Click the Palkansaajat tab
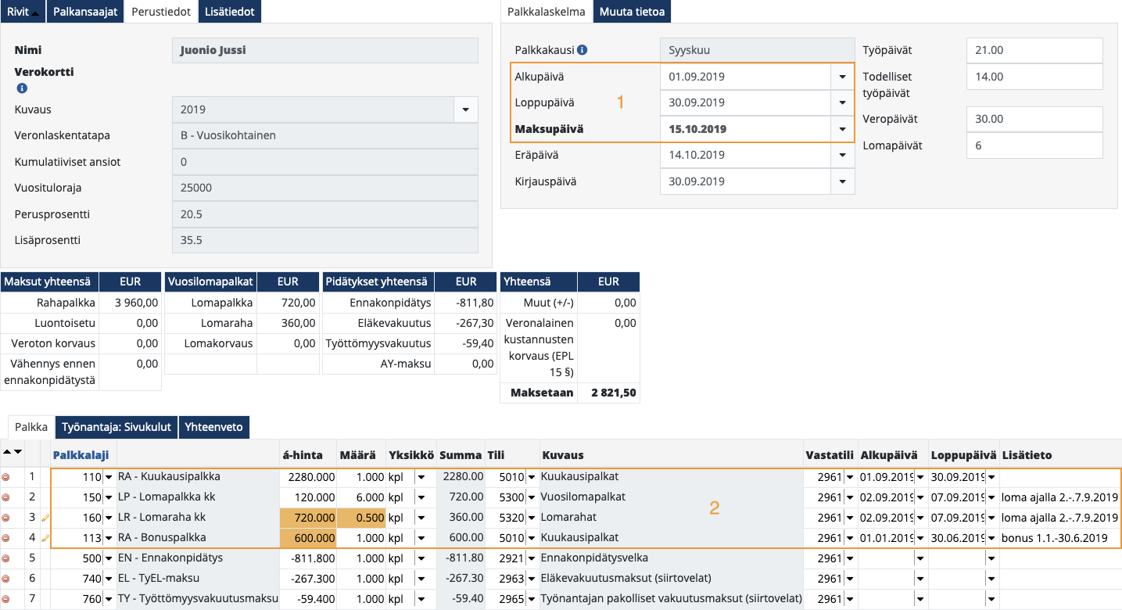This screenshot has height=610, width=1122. tap(85, 12)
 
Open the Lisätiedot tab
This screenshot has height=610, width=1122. tap(230, 12)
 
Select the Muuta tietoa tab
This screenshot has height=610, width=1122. tap(632, 12)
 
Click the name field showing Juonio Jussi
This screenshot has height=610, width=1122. tap(324, 51)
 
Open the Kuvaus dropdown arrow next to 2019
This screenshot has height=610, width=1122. tap(465, 109)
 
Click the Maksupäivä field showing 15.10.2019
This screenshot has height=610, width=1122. tap(747, 129)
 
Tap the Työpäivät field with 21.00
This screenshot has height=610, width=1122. tap(1034, 50)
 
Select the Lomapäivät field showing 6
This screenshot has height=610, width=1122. tap(1034, 145)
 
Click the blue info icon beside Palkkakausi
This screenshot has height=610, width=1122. tap(582, 50)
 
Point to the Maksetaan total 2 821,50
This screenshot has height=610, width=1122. tap(608, 393)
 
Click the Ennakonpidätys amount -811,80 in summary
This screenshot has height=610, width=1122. tap(466, 303)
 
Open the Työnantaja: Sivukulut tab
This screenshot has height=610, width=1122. tap(117, 427)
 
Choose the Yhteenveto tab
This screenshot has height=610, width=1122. tap(214, 427)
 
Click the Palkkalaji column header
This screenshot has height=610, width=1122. tap(81, 455)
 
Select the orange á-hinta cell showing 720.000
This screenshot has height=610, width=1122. tap(308, 518)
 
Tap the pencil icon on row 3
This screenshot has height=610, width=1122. tap(45, 518)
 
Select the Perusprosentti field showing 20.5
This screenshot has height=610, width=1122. tap(324, 213)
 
